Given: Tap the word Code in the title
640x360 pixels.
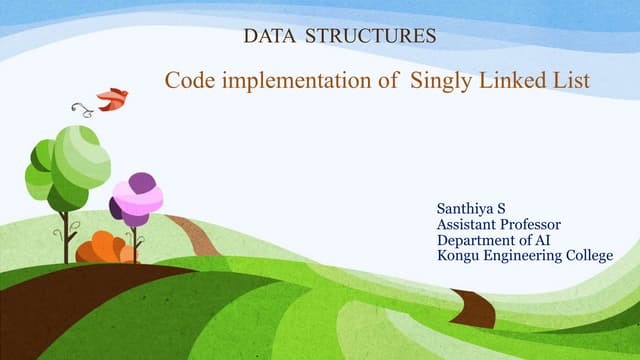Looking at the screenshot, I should (188, 79).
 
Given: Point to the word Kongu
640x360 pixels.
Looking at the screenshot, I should (458, 256).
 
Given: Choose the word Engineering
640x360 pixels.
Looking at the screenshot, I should (522, 256).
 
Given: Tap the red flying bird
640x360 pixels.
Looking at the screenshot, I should (111, 98).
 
